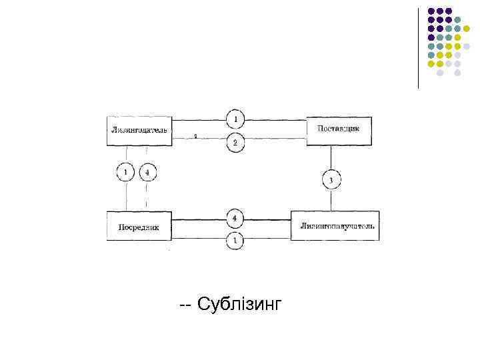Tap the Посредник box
[x=139, y=226]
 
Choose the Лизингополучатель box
[x=335, y=225]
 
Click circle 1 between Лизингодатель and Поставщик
[x=235, y=120]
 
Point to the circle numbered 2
[x=235, y=143]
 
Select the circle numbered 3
[x=331, y=180]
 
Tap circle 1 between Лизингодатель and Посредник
[x=126, y=173]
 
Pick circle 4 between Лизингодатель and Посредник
[x=147, y=173]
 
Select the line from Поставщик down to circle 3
[x=331, y=157]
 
